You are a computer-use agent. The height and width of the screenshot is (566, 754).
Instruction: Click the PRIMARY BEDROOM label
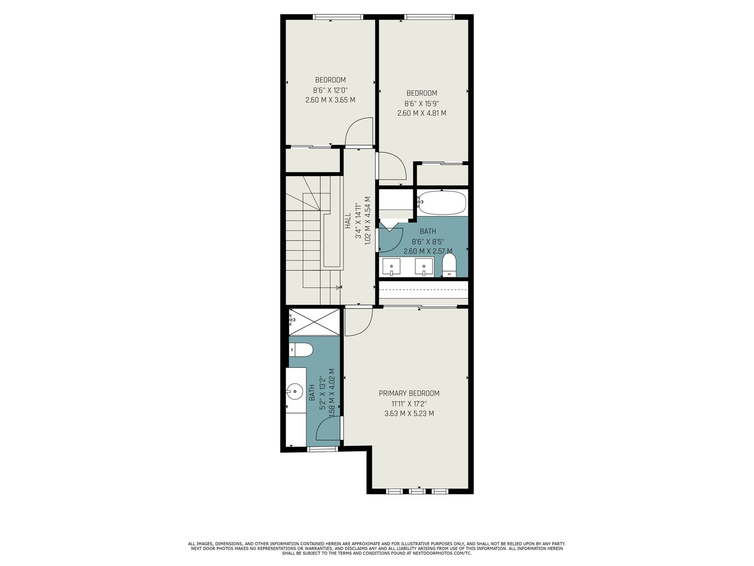(x=409, y=393)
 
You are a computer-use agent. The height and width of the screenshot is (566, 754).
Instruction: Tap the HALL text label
(x=348, y=221)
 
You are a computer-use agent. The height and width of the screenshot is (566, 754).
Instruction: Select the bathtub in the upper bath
(x=442, y=203)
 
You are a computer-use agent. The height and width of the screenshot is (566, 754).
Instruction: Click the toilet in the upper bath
(x=449, y=265)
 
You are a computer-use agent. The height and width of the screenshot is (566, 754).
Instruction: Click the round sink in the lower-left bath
(x=295, y=392)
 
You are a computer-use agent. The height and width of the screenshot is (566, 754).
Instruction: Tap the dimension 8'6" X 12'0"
(x=330, y=91)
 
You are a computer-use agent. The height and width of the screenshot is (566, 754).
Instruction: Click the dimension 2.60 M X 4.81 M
(x=422, y=113)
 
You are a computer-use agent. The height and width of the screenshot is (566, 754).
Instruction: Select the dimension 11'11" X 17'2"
(x=409, y=403)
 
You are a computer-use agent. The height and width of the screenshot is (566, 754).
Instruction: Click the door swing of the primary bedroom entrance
(x=359, y=321)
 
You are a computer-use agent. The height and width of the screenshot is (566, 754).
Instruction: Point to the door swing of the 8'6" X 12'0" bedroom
(x=359, y=131)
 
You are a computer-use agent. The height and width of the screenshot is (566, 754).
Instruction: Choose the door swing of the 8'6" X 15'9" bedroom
(x=392, y=166)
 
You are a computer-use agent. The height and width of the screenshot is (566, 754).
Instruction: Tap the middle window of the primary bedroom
(x=417, y=491)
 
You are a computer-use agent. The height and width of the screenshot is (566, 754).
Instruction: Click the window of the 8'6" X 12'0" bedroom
(x=338, y=17)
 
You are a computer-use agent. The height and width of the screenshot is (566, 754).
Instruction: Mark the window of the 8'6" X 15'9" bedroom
(x=429, y=17)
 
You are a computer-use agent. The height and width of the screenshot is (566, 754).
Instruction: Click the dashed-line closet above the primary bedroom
(x=424, y=292)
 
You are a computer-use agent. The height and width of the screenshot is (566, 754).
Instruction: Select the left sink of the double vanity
(x=392, y=266)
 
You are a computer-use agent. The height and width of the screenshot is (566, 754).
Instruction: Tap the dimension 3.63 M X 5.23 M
(x=409, y=414)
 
